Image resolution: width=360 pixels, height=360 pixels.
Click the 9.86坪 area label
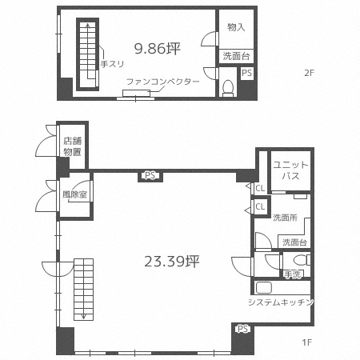[158, 49]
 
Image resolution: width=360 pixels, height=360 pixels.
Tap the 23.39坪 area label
[172, 262]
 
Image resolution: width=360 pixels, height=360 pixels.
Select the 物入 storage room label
[236, 27]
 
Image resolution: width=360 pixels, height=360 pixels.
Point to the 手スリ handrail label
[112, 64]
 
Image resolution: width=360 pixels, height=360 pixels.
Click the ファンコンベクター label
[162, 82]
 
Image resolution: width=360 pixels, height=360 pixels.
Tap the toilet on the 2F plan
[228, 88]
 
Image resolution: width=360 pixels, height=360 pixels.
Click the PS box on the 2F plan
[246, 73]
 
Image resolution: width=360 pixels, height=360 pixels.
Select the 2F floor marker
[310, 73]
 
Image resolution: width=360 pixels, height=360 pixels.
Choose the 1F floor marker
[307, 342]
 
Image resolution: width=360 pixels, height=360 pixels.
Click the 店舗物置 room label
[72, 146]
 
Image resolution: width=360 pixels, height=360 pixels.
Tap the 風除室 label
[74, 194]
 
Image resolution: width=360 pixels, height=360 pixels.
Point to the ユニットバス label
[290, 170]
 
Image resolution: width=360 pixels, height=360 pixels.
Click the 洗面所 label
[285, 218]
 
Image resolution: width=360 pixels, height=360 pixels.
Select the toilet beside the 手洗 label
[302, 260]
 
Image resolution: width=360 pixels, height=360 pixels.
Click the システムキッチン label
[281, 302]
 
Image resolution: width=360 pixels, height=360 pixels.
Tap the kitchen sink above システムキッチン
[264, 288]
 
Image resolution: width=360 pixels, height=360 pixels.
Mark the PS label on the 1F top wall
[150, 176]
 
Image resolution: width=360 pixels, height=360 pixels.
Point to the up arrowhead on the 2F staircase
[87, 26]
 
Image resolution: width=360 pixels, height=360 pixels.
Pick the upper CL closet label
[260, 188]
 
